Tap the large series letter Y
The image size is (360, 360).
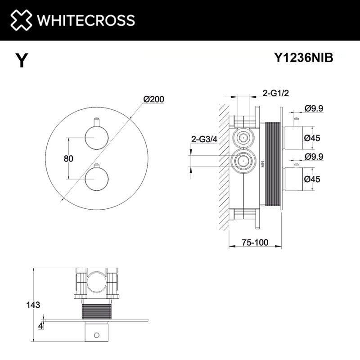[21, 60]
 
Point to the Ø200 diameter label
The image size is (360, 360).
[153, 99]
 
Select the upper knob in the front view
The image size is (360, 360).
[95, 137]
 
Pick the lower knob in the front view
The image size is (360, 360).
[95, 180]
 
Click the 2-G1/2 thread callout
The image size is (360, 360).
[275, 93]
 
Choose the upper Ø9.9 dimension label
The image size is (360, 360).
[314, 108]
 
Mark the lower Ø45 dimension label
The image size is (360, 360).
[312, 179]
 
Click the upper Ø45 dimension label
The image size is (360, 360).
[312, 138]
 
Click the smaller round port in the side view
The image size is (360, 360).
[244, 137]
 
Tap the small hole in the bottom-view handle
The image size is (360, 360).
[95, 335]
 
